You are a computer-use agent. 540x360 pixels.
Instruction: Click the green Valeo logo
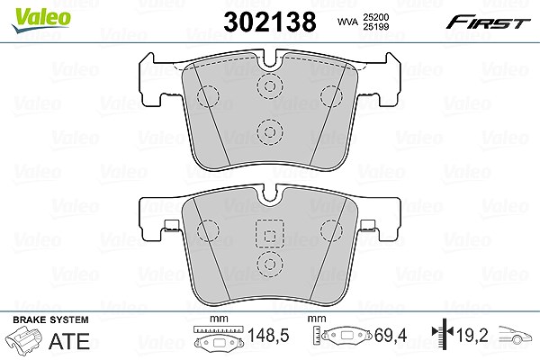pos(41,20)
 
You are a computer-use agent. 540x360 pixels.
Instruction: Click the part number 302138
pos(270,22)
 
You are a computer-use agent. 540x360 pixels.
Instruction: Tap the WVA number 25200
pos(376,17)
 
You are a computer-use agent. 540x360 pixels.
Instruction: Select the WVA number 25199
pos(376,26)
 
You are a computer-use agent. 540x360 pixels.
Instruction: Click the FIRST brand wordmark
pos(488,22)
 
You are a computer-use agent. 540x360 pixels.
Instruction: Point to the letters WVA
pos(347,22)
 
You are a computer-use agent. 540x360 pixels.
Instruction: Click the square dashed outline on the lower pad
pos(270,233)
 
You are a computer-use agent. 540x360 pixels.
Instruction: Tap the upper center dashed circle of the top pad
pos(270,85)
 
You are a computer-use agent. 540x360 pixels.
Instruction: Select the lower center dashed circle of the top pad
pos(270,132)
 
